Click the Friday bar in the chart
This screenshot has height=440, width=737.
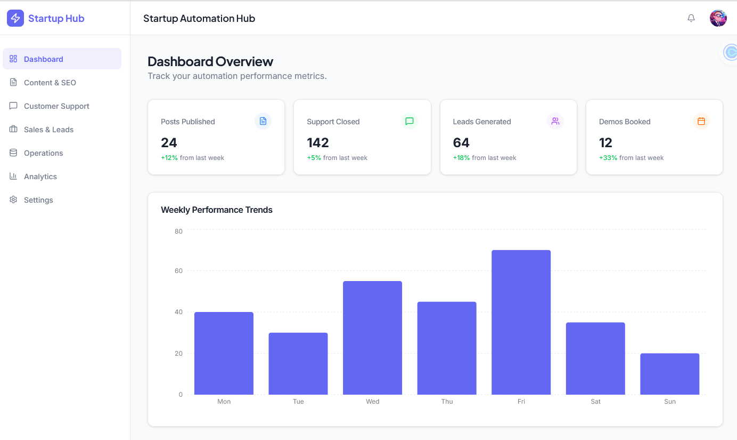tap(521, 322)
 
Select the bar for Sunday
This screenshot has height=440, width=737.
tap(669, 374)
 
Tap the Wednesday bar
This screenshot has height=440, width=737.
tap(372, 338)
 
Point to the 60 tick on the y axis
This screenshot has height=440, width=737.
tap(178, 271)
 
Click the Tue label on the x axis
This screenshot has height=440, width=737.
tap(298, 402)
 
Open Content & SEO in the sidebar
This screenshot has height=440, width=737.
tap(50, 83)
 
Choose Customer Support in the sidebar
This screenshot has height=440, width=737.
tap(56, 106)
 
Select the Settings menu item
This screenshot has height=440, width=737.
tap(38, 200)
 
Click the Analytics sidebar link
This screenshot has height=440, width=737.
tap(40, 177)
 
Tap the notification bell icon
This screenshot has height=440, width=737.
tap(691, 18)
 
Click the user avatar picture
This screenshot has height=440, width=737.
tap(718, 18)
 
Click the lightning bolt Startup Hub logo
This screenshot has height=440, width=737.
tap(15, 18)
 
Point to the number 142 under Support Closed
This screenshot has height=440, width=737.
tap(318, 142)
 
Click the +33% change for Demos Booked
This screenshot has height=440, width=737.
tap(608, 158)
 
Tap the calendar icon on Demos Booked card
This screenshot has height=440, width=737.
tap(701, 121)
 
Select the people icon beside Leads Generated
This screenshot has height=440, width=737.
tap(555, 121)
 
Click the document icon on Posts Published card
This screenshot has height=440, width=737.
tap(263, 121)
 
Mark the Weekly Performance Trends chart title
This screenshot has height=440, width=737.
tap(217, 210)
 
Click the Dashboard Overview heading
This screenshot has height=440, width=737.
tap(210, 61)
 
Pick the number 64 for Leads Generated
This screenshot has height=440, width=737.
tap(461, 142)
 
